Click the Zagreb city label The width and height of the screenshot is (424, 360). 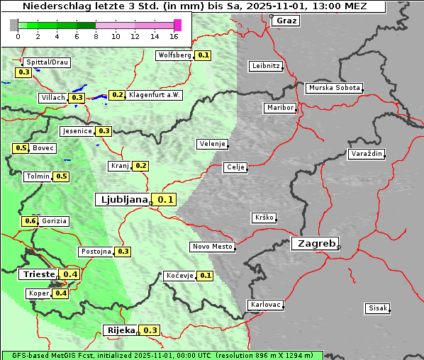[x=314, y=243]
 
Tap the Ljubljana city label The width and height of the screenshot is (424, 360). [x=122, y=199]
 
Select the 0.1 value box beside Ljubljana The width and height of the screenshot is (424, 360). [x=165, y=200]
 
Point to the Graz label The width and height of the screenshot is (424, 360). [x=286, y=21]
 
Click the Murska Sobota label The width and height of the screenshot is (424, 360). [x=334, y=88]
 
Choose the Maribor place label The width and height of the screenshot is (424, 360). [x=279, y=108]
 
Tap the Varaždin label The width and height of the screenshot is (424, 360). [x=367, y=154]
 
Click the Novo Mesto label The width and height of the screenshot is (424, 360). [x=212, y=247]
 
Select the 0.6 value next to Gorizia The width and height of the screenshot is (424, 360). [x=30, y=221]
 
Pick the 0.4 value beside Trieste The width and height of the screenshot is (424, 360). [x=70, y=274]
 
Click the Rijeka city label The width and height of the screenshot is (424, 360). [x=121, y=330]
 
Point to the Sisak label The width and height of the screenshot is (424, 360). [x=377, y=308]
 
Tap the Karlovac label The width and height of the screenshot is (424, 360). [x=266, y=305]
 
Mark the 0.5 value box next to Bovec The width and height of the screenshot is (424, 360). [x=21, y=148]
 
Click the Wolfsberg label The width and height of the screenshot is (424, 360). [x=174, y=55]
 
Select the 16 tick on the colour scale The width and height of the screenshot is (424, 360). [x=174, y=36]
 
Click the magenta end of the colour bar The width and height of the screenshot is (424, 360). [x=177, y=25]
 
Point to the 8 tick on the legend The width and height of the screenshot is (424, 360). [x=96, y=36]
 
